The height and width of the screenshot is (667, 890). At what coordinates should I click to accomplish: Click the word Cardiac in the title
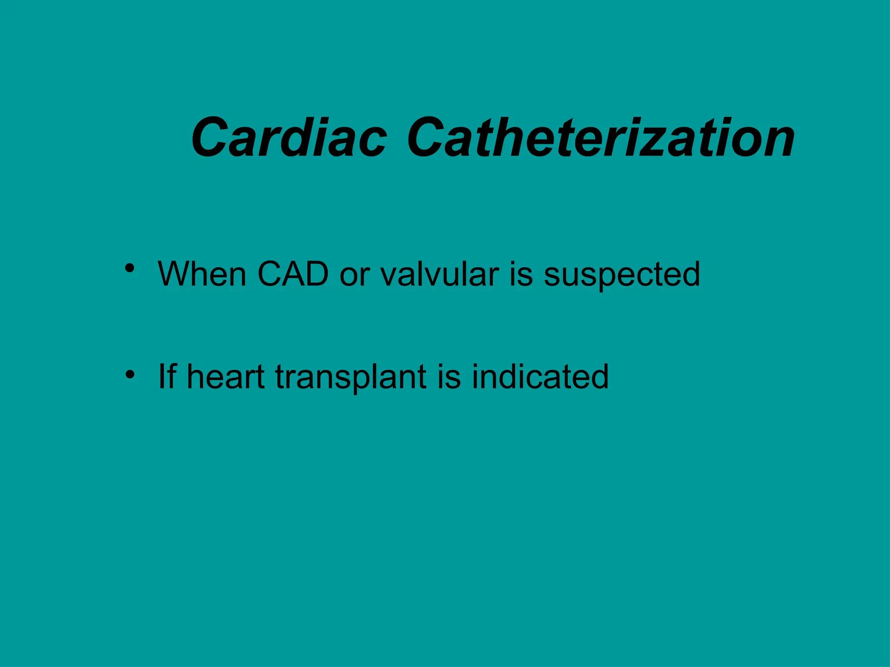[x=289, y=138]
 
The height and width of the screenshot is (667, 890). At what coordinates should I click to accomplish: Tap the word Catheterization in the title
[x=601, y=138]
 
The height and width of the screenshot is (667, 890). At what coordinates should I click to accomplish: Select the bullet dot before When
[x=129, y=268]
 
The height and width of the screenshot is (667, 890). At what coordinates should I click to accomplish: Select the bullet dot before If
[x=129, y=373]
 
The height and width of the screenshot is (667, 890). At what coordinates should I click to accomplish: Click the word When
[x=203, y=274]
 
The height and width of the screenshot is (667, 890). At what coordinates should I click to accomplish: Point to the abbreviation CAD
[x=292, y=274]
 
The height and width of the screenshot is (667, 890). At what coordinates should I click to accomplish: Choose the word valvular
[x=439, y=274]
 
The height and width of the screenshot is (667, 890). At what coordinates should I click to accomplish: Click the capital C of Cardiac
[x=212, y=138]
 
